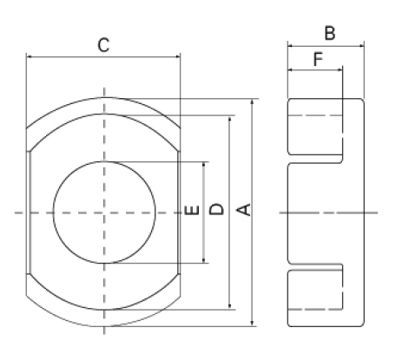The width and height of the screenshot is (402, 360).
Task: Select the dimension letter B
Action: pos(330,33)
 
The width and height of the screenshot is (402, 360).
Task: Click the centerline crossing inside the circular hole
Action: pos(105,212)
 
